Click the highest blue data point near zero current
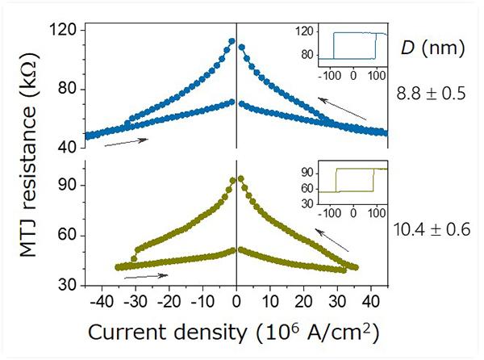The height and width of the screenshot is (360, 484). [x=232, y=40]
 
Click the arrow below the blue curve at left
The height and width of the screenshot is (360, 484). [x=126, y=142]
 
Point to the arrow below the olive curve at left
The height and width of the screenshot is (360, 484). [x=146, y=277]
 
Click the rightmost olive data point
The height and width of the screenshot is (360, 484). [x=356, y=267]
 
